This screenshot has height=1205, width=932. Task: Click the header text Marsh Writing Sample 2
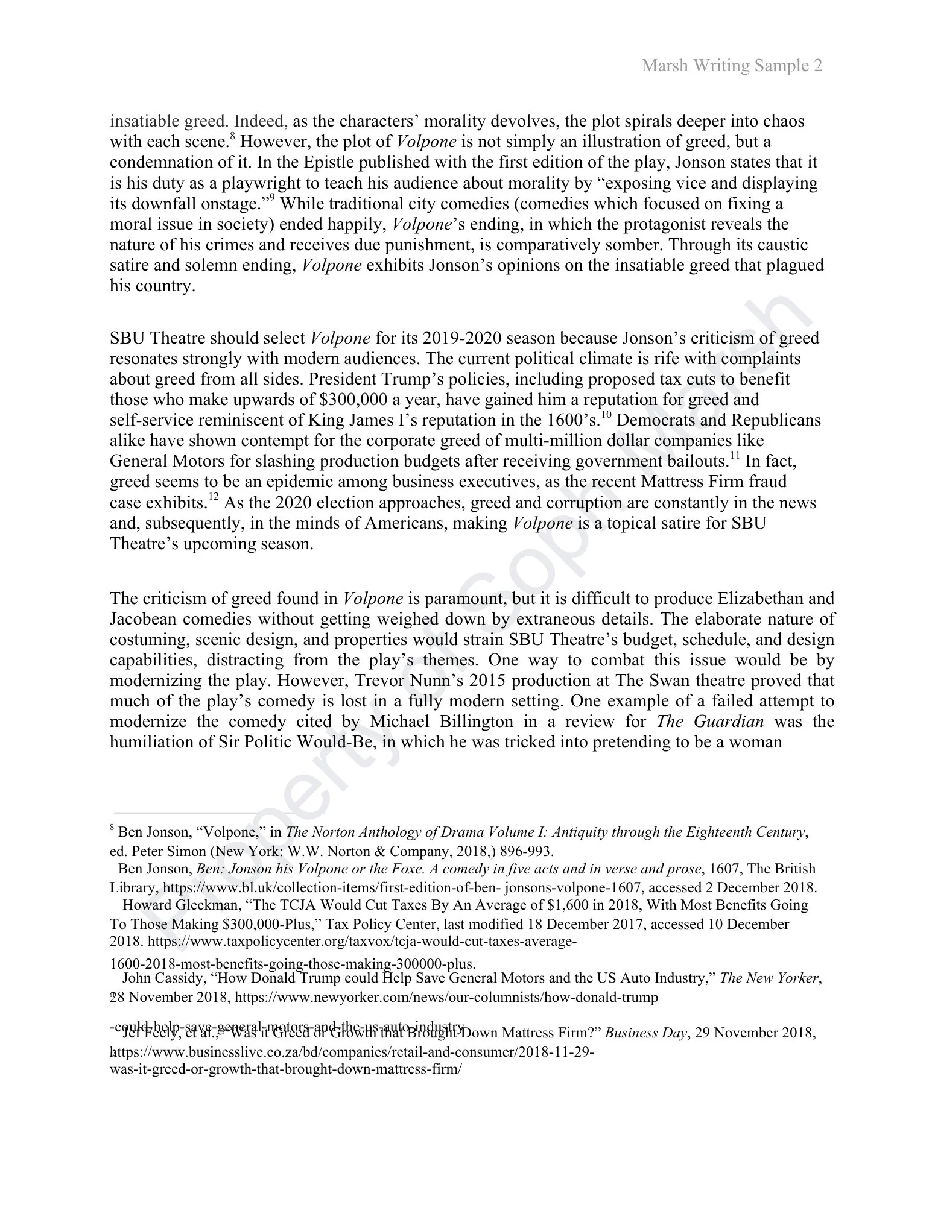(x=732, y=65)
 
